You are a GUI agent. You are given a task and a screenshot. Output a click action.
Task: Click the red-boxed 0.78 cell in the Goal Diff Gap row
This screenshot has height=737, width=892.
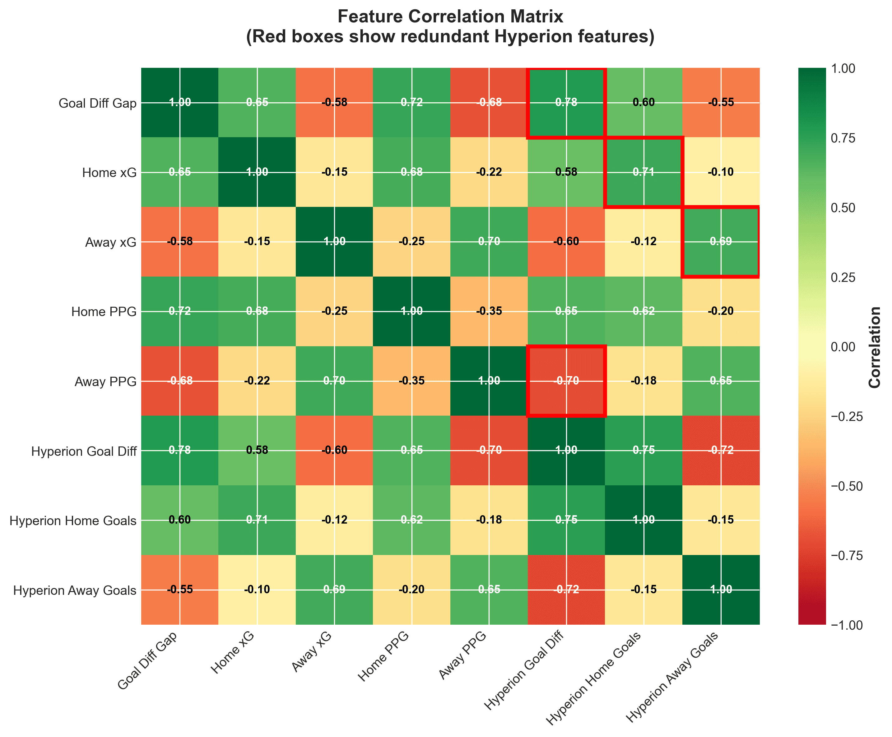(x=566, y=103)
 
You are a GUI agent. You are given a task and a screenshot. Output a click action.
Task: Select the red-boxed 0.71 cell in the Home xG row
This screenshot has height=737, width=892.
(x=643, y=172)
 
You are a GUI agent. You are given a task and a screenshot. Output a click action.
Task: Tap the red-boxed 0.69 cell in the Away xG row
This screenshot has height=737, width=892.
(x=721, y=241)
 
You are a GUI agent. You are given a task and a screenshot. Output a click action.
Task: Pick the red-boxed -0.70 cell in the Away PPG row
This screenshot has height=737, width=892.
(x=566, y=381)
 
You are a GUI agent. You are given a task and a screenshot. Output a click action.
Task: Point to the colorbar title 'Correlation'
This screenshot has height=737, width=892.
(x=875, y=347)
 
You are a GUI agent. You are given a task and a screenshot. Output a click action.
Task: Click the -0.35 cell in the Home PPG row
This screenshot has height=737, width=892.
(x=489, y=311)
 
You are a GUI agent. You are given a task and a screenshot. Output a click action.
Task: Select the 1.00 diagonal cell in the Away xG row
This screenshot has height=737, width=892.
(x=334, y=241)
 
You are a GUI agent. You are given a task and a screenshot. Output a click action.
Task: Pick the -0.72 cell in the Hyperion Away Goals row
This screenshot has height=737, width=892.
(x=566, y=590)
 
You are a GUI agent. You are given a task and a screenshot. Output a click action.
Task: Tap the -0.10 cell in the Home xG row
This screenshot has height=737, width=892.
(x=721, y=172)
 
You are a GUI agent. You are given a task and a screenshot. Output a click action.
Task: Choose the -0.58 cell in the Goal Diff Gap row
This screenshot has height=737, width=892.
(x=334, y=103)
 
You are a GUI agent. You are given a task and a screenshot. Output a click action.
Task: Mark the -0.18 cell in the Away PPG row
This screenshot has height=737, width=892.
(x=643, y=381)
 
